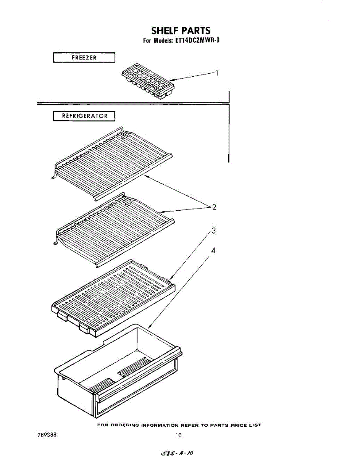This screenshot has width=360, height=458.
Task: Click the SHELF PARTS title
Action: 181,30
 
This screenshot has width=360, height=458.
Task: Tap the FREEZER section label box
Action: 84,58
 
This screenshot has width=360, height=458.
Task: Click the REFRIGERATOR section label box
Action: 84,116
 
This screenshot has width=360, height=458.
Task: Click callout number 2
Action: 214,207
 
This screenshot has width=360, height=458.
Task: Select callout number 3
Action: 214,231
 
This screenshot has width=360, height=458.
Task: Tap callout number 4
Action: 213,251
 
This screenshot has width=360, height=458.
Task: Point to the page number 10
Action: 179,435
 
